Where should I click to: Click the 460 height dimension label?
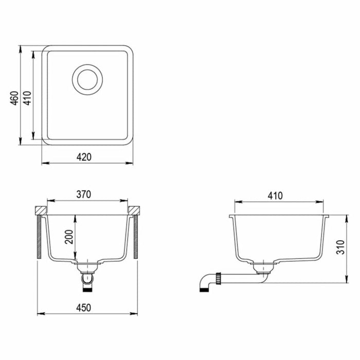point(14,98)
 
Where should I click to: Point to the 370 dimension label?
point(83,194)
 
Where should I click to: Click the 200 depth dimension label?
point(69,237)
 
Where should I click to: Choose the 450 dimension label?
point(83,308)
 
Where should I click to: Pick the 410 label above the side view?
point(275,195)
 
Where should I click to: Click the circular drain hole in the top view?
point(87,80)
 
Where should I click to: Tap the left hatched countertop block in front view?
point(41,210)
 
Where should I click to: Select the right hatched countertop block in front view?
point(134,210)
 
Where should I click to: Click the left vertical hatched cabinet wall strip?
point(39,237)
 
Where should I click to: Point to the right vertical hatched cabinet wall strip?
point(136,237)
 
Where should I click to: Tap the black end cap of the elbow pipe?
point(203,289)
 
